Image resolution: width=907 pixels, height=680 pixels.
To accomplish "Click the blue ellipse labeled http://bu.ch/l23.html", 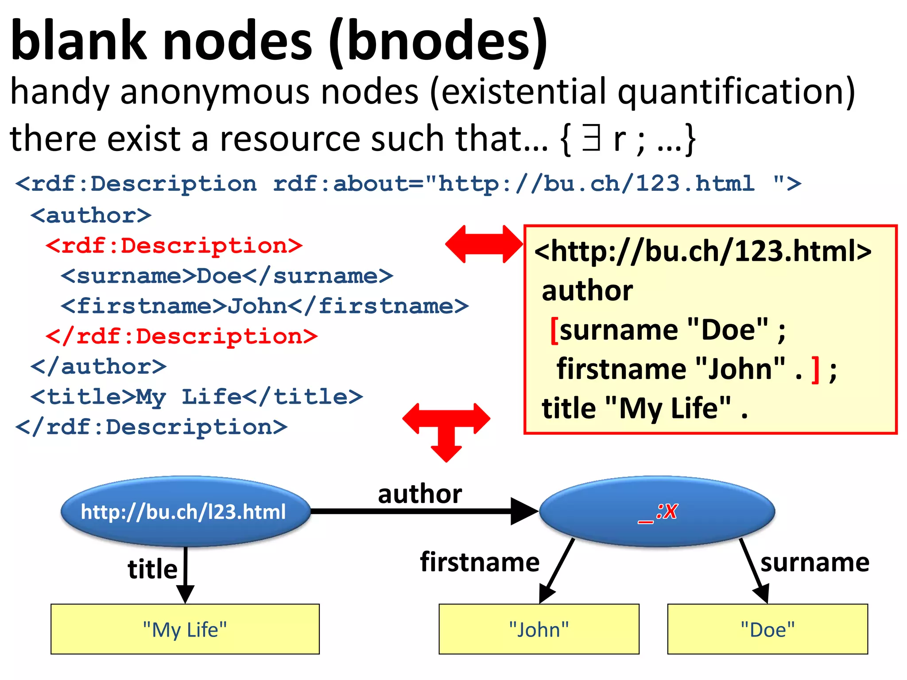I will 185,511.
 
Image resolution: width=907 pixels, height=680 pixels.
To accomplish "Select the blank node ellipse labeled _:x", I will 657,511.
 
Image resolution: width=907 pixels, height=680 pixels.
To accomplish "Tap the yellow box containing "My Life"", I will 185,629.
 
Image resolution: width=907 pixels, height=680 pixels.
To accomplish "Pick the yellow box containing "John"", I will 539,629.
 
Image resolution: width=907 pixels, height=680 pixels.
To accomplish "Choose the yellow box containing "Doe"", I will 767,629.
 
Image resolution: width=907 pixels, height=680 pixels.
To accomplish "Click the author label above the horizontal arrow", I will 419,494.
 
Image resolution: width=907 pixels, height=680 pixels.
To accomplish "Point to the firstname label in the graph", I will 480,562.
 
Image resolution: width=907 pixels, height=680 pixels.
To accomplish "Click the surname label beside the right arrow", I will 814,563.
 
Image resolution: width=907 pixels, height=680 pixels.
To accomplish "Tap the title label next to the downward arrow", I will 152,569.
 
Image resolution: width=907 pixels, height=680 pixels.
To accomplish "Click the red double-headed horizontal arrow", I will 484,244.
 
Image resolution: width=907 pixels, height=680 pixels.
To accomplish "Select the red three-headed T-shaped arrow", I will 446,427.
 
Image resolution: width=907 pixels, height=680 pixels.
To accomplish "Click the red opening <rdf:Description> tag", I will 174,246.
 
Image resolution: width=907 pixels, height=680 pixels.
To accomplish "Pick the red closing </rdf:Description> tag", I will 182,336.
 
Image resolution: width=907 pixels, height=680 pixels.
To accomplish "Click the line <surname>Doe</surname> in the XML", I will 227,276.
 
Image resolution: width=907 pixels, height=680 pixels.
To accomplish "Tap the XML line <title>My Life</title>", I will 197,397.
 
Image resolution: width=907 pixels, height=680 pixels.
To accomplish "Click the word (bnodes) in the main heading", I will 438,42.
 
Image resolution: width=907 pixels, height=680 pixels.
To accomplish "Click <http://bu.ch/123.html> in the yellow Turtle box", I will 702,251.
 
